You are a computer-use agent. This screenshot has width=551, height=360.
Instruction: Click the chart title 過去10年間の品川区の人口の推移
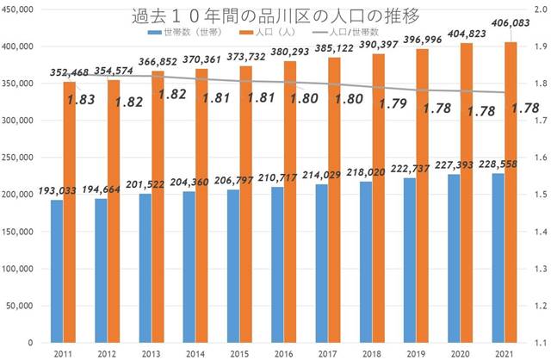[x=275, y=16]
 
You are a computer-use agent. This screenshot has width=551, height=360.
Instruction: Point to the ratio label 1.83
[x=82, y=98]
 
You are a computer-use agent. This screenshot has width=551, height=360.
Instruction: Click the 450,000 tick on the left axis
[x=20, y=8]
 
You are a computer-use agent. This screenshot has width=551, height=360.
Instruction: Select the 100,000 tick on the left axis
[x=20, y=268]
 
